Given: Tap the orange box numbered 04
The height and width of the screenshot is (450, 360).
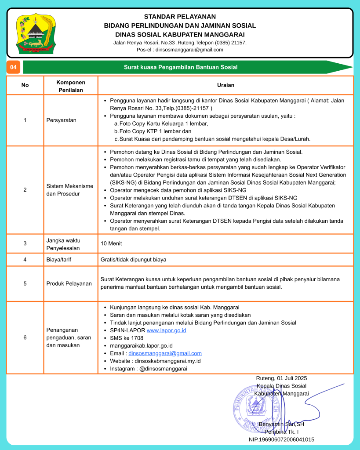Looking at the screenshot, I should tap(13, 67).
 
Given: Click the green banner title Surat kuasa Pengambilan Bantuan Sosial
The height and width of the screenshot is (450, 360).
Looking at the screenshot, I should tap(180, 67).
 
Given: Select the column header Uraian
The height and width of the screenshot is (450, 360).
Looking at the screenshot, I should tap(225, 85).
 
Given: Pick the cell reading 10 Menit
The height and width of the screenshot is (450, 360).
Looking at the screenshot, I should tap(111, 243).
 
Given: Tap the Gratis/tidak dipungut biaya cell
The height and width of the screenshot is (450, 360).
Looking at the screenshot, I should tap(134, 259).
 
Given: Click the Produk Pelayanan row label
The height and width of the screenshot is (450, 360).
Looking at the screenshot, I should tap(69, 283).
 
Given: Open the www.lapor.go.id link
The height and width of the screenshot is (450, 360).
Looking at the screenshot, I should tap(166, 330).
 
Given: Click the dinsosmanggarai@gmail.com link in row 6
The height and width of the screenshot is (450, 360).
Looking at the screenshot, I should tap(165, 353).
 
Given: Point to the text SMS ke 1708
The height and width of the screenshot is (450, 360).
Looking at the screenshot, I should tap(127, 338).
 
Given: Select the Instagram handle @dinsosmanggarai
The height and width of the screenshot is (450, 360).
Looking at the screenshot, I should tap(163, 369).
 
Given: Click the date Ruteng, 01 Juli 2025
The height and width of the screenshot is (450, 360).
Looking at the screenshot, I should tap(281, 378).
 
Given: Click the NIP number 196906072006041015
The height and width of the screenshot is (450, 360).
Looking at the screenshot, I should tap(281, 439).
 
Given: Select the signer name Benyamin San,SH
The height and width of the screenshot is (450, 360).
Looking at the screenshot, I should tap(281, 424).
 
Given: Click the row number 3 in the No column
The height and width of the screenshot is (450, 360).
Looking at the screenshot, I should tap(25, 243).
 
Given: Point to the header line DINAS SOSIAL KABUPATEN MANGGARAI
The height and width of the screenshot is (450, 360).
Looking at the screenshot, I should tap(180, 34).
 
